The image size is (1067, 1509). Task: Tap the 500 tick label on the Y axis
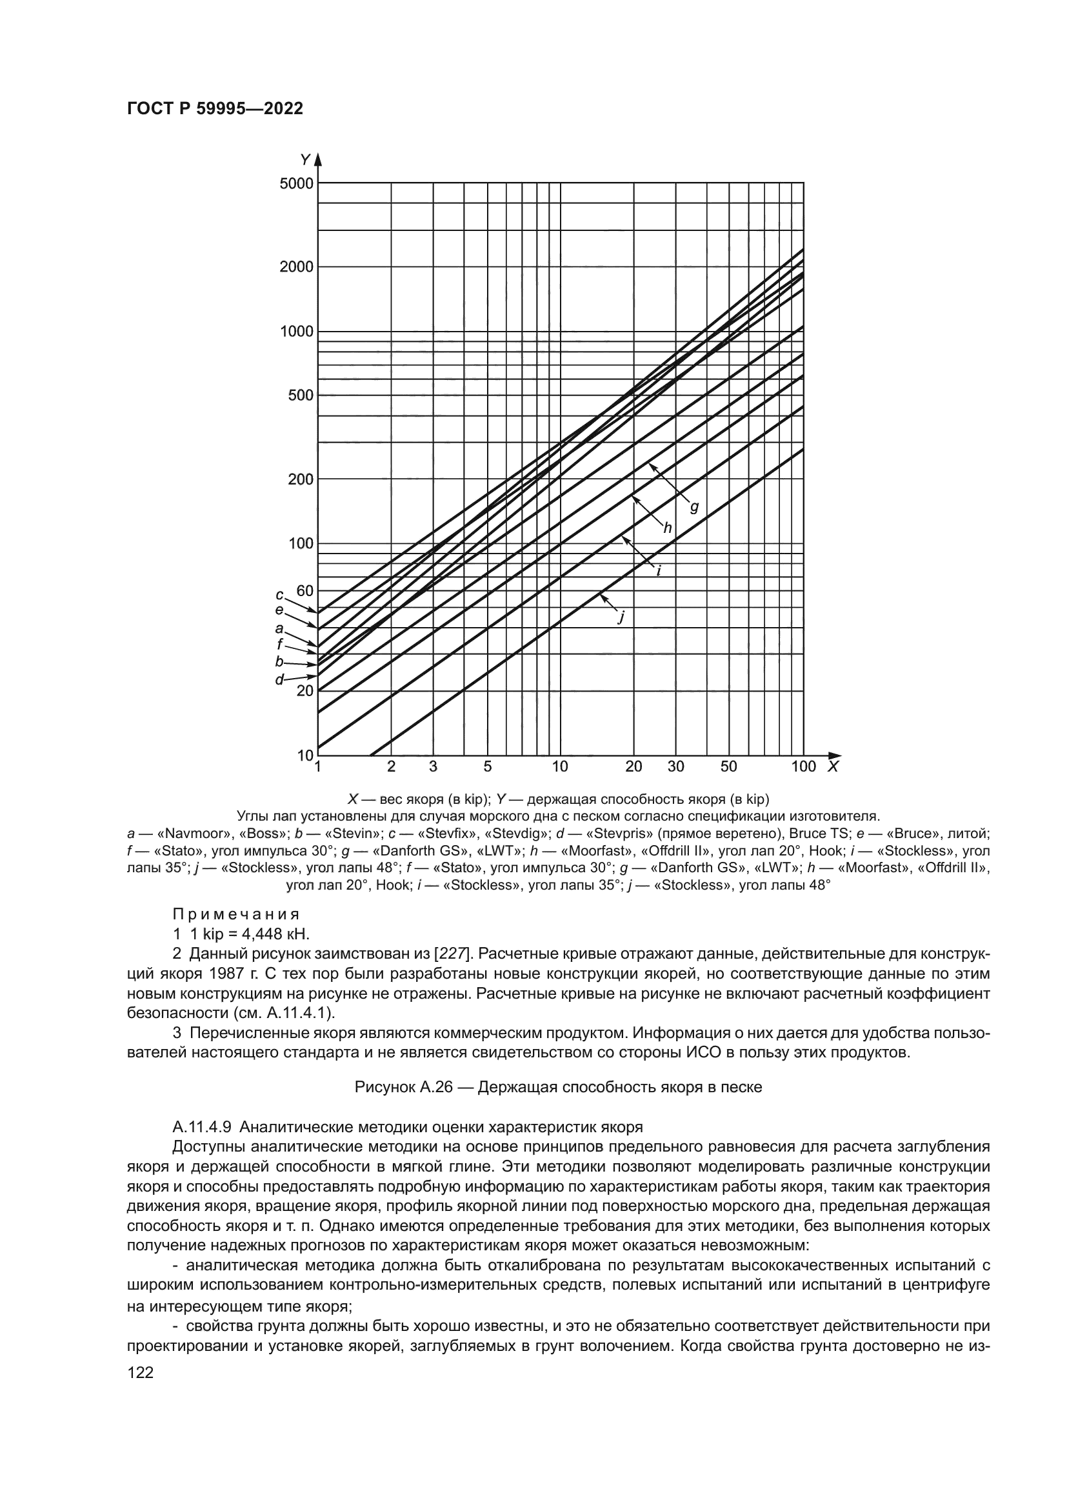[x=301, y=395]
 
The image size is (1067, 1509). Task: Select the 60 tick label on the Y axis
[x=305, y=591]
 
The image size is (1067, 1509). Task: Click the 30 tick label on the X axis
[x=675, y=766]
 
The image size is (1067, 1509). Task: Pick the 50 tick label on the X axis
[x=728, y=766]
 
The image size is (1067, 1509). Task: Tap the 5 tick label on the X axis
[x=488, y=766]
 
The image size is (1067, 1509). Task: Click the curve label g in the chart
[x=694, y=506]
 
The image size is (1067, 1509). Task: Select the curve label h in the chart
[x=668, y=528]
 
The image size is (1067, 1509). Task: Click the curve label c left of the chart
[x=279, y=595]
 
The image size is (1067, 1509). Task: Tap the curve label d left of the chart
[x=279, y=679]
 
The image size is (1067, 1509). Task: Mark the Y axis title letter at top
[x=305, y=159]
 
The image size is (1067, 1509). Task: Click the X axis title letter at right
[x=833, y=766]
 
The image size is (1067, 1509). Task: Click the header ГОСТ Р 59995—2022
[x=215, y=109]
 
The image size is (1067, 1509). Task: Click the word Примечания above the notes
[x=236, y=914]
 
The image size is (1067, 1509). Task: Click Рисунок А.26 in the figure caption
[x=403, y=1087]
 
